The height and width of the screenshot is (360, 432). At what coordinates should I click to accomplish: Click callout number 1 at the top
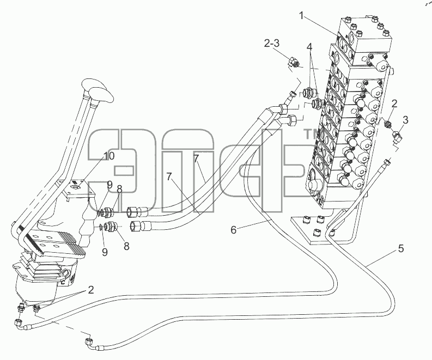(302, 16)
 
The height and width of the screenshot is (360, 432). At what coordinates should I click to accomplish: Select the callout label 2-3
(271, 43)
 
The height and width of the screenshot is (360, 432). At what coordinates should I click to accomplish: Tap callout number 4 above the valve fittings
(309, 47)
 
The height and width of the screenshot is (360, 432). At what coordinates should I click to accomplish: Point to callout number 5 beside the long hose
(400, 248)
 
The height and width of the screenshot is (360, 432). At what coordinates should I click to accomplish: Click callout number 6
(233, 230)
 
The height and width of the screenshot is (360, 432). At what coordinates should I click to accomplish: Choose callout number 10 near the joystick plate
(108, 156)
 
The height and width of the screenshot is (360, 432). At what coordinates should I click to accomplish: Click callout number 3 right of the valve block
(405, 120)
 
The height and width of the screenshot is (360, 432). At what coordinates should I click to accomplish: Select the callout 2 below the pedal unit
(90, 290)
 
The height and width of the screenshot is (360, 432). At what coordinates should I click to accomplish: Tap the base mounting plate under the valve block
(317, 229)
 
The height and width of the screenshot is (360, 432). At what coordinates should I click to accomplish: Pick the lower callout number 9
(105, 252)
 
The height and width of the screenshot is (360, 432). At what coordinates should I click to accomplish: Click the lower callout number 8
(126, 246)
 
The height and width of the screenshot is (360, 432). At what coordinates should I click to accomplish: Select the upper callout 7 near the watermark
(196, 158)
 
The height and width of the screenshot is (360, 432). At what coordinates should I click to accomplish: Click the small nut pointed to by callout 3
(397, 136)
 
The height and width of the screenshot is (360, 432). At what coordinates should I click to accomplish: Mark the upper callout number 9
(109, 185)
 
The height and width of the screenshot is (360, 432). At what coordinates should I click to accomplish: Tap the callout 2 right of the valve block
(394, 103)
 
